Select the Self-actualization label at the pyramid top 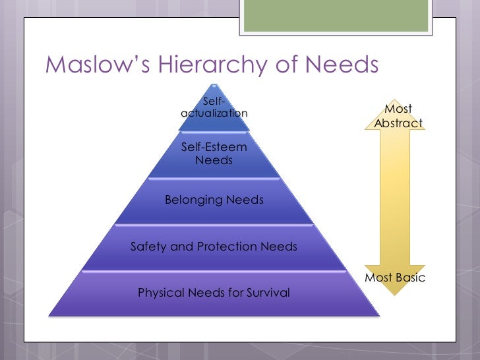[x=214, y=107]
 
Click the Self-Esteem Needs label [x=214, y=154]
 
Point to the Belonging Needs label [x=214, y=200]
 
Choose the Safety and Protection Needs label [x=214, y=247]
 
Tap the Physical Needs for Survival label [x=214, y=292]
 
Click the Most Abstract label [x=398, y=116]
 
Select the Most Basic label [x=395, y=278]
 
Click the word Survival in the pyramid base [x=266, y=292]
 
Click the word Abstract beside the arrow [x=398, y=123]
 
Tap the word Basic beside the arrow [x=409, y=278]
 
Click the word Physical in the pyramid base [x=159, y=292]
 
